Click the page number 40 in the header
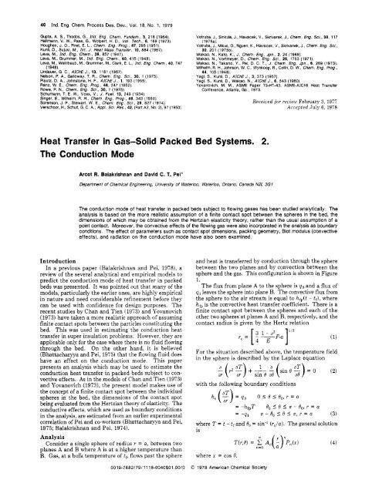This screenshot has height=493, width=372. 13,7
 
